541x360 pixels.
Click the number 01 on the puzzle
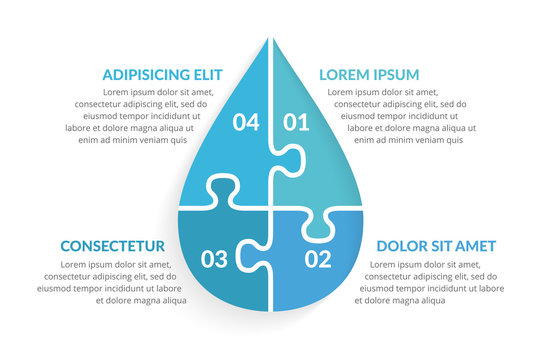(x=297, y=123)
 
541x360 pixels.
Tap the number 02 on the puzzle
(x=317, y=260)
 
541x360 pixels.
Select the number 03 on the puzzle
(x=215, y=260)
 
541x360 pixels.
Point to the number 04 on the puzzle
(x=246, y=123)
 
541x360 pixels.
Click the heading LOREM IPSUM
(x=369, y=74)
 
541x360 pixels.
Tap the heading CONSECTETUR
(x=112, y=245)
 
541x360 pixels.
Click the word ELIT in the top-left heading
(x=205, y=74)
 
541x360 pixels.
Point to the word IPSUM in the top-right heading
(x=395, y=74)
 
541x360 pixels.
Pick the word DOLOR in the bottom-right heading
(x=402, y=245)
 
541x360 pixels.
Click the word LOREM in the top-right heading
(x=343, y=74)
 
